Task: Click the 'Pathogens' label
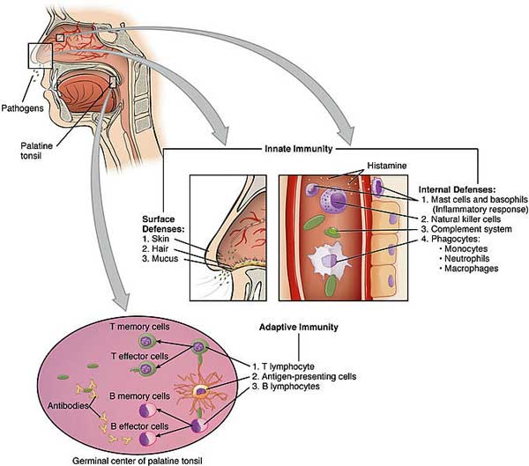23,108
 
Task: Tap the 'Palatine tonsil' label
36,151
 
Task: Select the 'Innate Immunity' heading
299,149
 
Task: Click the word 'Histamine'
387,166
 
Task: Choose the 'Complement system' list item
466,229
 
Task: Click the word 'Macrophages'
472,269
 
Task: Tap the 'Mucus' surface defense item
160,259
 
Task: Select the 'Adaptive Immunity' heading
299,327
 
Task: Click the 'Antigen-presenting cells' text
304,376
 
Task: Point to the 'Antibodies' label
68,405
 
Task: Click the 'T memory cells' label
139,327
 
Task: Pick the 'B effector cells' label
139,426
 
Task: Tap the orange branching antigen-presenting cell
200,391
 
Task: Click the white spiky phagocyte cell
327,261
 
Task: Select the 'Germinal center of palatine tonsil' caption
138,461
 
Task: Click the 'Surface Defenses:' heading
164,224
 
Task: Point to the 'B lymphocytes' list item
286,386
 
